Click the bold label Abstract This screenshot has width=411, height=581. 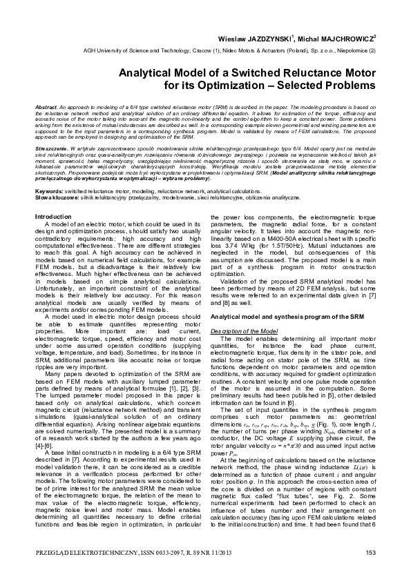(46, 108)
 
